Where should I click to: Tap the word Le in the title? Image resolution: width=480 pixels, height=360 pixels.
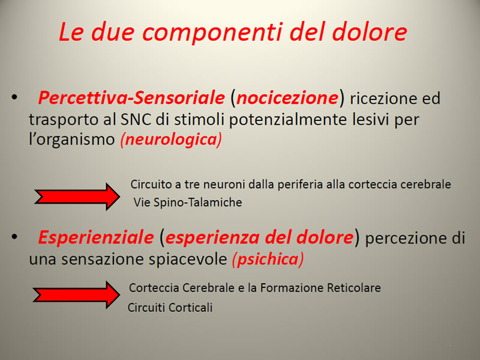tap(71, 32)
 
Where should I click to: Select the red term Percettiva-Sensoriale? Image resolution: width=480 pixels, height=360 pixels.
tap(131, 98)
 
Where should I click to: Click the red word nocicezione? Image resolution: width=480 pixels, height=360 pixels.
tap(287, 98)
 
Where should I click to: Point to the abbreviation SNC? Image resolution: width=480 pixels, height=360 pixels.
tap(136, 119)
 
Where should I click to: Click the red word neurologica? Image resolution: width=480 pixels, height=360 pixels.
tap(172, 140)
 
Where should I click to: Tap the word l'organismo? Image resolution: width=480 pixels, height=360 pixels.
tap(71, 140)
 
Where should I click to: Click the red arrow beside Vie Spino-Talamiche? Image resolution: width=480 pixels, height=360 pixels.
tap(77, 197)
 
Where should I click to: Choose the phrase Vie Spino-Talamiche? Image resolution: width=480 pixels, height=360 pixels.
tap(188, 202)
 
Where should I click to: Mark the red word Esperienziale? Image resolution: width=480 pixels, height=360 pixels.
tap(96, 237)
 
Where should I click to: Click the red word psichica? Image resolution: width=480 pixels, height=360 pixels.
tap(268, 259)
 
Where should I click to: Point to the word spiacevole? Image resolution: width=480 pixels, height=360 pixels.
tap(188, 259)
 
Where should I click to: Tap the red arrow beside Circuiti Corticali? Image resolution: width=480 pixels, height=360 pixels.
tap(76, 295)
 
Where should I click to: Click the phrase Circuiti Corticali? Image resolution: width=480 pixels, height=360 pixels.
tap(170, 307)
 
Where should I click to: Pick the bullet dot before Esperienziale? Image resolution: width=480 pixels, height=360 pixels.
tap(14, 236)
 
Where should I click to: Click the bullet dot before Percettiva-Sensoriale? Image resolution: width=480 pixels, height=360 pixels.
tap(14, 97)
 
